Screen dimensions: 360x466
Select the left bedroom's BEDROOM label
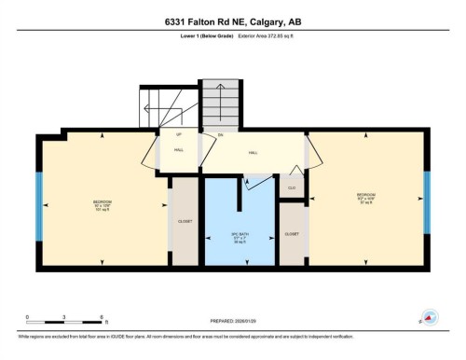click(x=102, y=201)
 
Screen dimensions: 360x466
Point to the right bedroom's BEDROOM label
click(x=364, y=195)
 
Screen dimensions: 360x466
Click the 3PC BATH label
click(x=240, y=233)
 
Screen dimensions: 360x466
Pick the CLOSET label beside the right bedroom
click(x=292, y=233)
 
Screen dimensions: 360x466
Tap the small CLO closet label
click(x=292, y=187)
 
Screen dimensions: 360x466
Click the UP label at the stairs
click(x=178, y=135)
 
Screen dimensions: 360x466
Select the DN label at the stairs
click(x=221, y=135)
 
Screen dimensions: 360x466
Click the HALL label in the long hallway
click(x=254, y=152)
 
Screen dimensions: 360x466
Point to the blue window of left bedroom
click(x=39, y=203)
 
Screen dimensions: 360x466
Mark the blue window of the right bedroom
click(x=426, y=199)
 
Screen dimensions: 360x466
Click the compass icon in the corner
click(x=430, y=317)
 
